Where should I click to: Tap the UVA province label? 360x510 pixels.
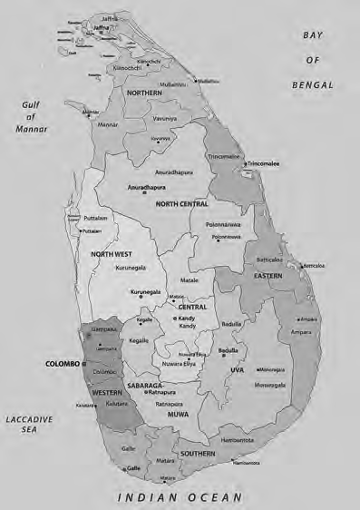tap(238, 369)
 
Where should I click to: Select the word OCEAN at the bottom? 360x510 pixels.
tap(211, 497)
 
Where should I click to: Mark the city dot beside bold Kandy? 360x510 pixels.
tap(174, 319)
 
